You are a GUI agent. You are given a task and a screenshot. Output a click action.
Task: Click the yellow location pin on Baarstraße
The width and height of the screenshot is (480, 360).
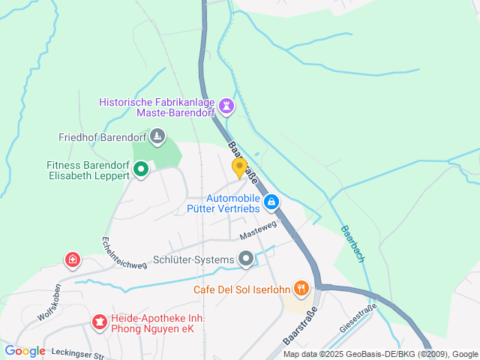239,167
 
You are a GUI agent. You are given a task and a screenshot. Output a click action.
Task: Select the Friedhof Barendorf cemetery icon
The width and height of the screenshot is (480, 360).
157,136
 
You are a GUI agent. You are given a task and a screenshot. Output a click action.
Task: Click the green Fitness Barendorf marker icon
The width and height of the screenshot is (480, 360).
140,170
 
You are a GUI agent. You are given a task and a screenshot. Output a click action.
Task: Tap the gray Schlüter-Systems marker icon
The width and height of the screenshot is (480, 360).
246,259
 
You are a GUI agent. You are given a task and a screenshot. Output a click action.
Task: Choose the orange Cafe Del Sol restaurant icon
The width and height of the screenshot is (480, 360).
301,288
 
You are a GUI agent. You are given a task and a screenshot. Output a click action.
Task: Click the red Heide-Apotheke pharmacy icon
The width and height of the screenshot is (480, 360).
98,322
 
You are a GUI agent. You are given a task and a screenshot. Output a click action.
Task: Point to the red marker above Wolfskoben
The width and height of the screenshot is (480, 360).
72,260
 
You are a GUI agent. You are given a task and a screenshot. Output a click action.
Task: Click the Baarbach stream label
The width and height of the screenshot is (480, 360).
352,243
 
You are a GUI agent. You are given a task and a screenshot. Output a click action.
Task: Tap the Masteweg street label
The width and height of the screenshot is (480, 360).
259,229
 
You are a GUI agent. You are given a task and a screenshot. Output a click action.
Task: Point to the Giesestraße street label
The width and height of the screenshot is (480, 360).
357,322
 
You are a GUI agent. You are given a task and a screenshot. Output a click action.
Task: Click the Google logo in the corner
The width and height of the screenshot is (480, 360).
25,351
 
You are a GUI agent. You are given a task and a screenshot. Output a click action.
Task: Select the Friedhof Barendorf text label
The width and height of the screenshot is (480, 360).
103,137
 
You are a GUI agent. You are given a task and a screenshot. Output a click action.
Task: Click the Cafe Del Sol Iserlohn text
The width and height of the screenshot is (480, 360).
240,289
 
